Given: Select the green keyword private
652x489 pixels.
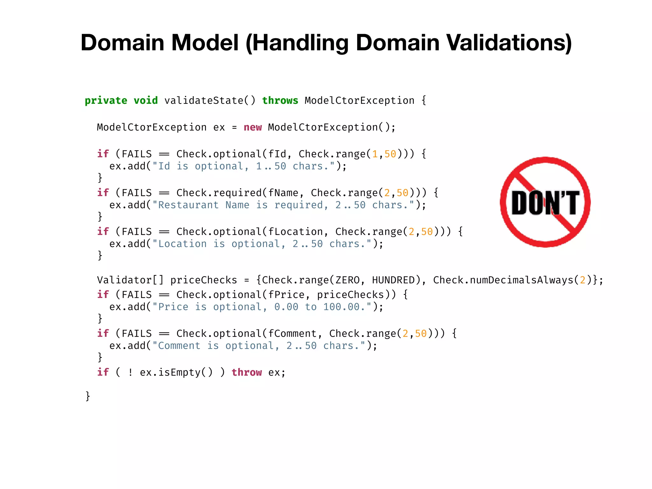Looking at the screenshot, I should click(x=106, y=101).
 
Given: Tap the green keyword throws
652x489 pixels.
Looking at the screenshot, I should click(x=280, y=101).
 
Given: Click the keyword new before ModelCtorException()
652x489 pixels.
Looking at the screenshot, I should click(x=253, y=127).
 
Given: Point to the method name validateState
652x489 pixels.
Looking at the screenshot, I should click(x=204, y=101).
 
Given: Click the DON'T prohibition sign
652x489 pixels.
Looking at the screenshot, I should click(x=545, y=202).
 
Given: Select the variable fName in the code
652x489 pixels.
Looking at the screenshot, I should click(x=283, y=193).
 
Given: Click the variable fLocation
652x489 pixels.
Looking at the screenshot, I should click(x=295, y=232).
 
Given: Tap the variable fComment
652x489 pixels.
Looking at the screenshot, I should click(x=292, y=334).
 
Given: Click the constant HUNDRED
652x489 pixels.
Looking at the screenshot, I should click(x=393, y=280).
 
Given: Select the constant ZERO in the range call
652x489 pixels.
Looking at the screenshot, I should click(x=348, y=280).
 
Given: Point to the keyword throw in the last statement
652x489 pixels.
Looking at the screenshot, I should click(x=247, y=372).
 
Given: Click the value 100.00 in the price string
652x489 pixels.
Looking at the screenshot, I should click(x=342, y=307).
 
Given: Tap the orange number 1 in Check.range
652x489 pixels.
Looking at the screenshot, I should click(x=375, y=154).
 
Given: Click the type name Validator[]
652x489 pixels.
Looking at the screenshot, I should click(x=131, y=280).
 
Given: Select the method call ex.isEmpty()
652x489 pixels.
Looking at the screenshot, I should click(x=176, y=372).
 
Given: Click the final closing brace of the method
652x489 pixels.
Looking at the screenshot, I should click(x=88, y=396).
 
